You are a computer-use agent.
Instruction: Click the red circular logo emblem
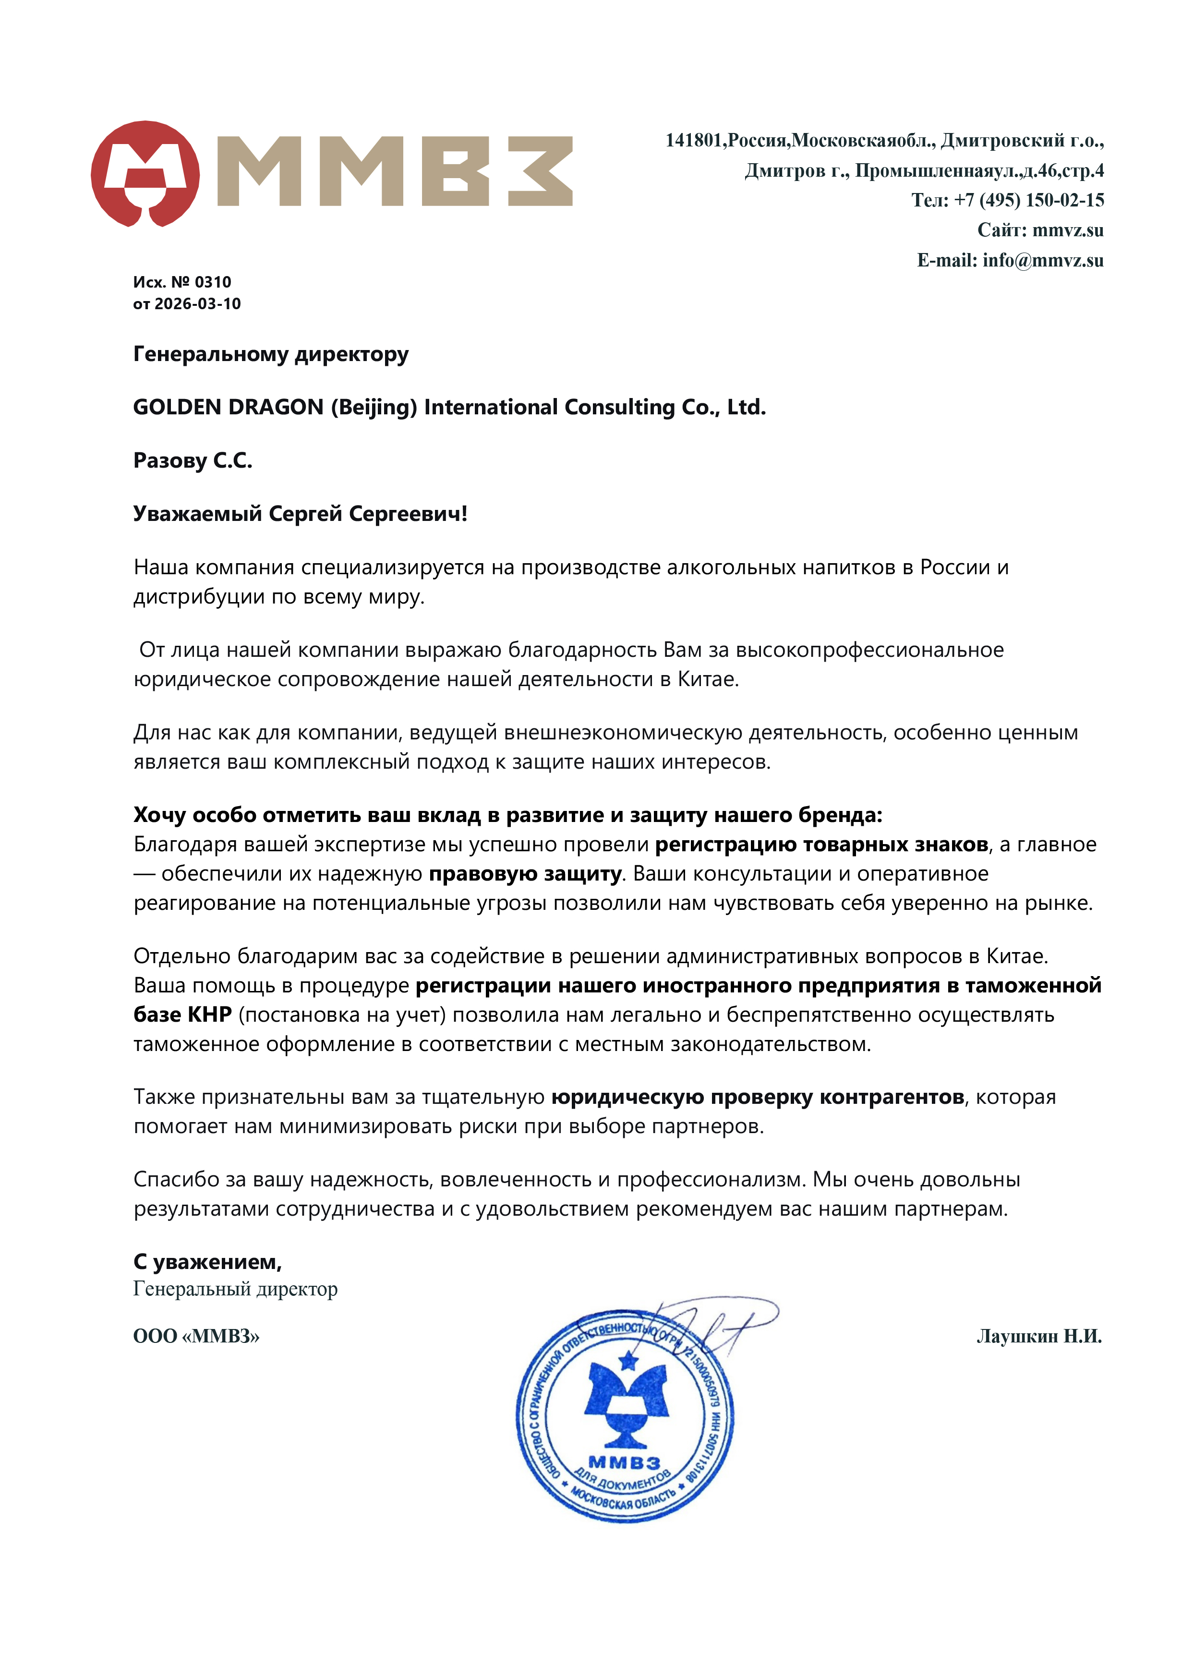(145, 174)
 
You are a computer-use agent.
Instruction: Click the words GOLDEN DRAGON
(228, 407)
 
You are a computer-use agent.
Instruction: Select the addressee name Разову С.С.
(193, 460)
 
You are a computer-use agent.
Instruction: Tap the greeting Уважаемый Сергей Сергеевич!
(300, 514)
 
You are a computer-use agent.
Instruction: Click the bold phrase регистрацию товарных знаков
(821, 844)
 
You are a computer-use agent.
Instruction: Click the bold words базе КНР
(182, 1015)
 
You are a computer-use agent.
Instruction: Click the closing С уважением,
(207, 1262)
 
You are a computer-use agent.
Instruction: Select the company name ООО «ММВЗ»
(196, 1336)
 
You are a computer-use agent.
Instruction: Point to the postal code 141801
(693, 140)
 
